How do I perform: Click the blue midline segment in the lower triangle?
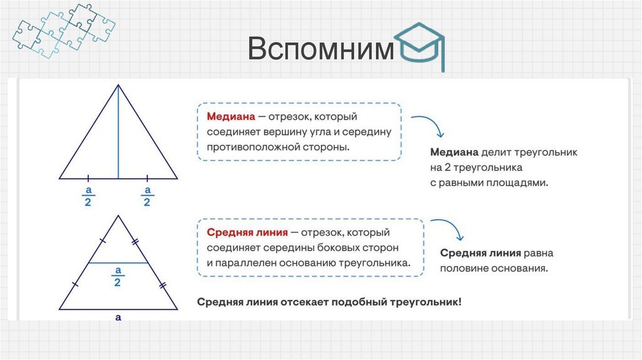click(x=118, y=263)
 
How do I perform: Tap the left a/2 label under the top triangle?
click(x=89, y=196)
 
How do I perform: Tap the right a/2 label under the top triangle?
click(x=147, y=196)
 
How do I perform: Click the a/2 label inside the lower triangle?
click(x=117, y=276)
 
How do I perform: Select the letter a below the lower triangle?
click(x=118, y=317)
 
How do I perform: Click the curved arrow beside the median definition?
click(x=428, y=125)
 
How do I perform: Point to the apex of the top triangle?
click(x=118, y=86)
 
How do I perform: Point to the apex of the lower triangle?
click(x=118, y=216)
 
